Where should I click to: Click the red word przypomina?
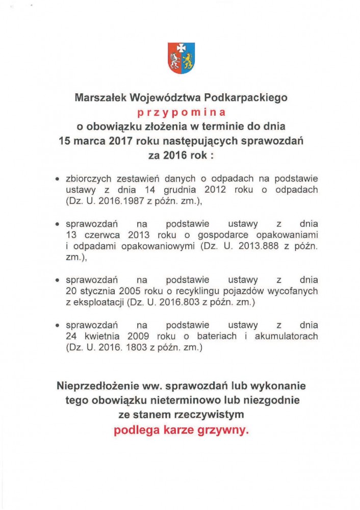(x=181, y=110)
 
